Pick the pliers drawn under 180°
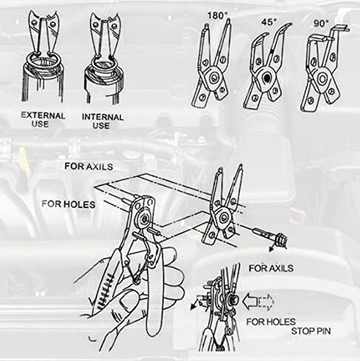pyautogui.click(x=214, y=70)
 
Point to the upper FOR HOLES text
pyautogui.click(x=68, y=203)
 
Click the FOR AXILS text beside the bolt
pyautogui.click(x=271, y=266)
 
